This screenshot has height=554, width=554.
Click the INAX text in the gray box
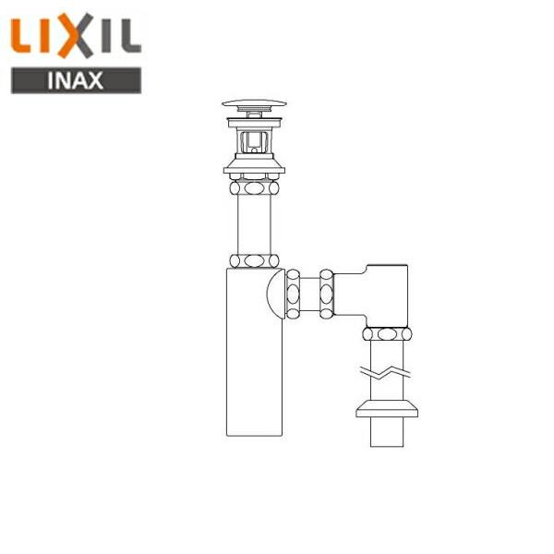[x=76, y=79]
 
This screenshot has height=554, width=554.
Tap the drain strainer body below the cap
[x=254, y=140]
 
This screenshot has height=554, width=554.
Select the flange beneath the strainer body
[x=254, y=168]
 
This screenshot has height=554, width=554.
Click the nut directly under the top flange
[x=254, y=187]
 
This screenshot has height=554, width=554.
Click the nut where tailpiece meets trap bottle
[x=254, y=260]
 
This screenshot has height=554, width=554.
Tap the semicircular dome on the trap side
[x=274, y=294]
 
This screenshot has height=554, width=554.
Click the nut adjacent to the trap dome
[x=293, y=294]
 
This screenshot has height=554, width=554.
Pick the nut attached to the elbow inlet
[x=326, y=294]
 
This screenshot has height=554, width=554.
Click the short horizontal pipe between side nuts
[x=309, y=294]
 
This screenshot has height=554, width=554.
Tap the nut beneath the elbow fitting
[x=387, y=333]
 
